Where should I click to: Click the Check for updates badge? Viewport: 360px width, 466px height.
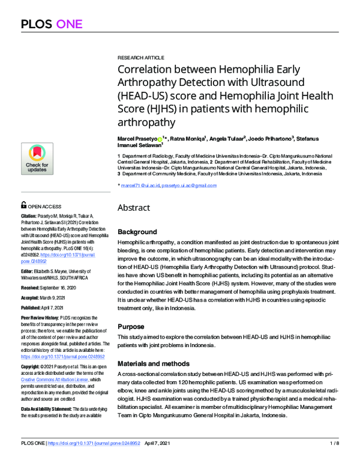coord(37,158)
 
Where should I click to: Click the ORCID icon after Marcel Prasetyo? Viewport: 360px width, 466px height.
coord(159,138)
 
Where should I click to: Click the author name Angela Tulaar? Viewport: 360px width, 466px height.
coord(227,138)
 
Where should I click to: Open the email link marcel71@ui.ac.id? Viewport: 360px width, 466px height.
coord(140,186)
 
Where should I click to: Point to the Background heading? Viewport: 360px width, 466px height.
coord(137,232)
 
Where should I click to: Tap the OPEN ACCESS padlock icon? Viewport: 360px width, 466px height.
coord(24,205)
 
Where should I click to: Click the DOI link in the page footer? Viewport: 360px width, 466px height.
coord(102,461)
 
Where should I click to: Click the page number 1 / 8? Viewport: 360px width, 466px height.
coord(335,461)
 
